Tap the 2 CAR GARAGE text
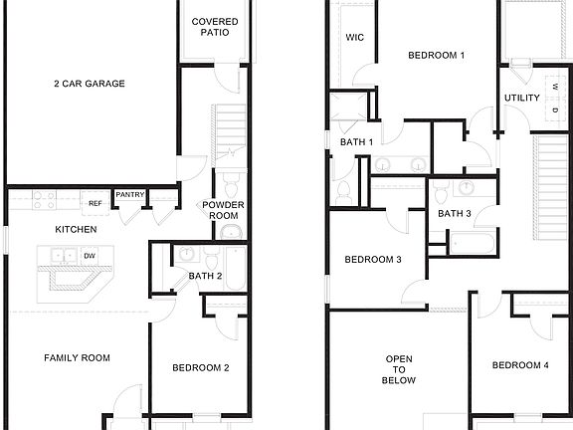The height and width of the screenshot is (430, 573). point(90,84)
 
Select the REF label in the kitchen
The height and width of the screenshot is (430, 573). point(95,203)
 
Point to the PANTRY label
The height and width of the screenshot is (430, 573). point(129,195)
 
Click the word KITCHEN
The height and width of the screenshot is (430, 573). point(76,230)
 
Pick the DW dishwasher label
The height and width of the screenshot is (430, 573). point(90,256)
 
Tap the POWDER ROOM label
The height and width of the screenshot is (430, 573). point(224,211)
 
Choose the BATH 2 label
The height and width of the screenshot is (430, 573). point(204,277)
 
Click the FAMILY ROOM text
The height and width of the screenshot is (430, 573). point(77,357)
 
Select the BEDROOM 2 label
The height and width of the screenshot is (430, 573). point(201,368)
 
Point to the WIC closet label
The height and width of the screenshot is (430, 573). point(354,38)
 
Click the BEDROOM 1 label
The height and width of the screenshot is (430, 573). point(436,56)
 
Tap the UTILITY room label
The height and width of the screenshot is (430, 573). point(521,98)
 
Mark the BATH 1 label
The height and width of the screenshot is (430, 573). point(356,142)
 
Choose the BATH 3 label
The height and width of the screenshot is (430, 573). point(454,213)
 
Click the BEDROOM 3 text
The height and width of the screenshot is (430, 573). point(373,260)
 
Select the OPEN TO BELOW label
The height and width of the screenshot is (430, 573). point(399,369)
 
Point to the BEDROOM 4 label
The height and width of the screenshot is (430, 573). point(520,365)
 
